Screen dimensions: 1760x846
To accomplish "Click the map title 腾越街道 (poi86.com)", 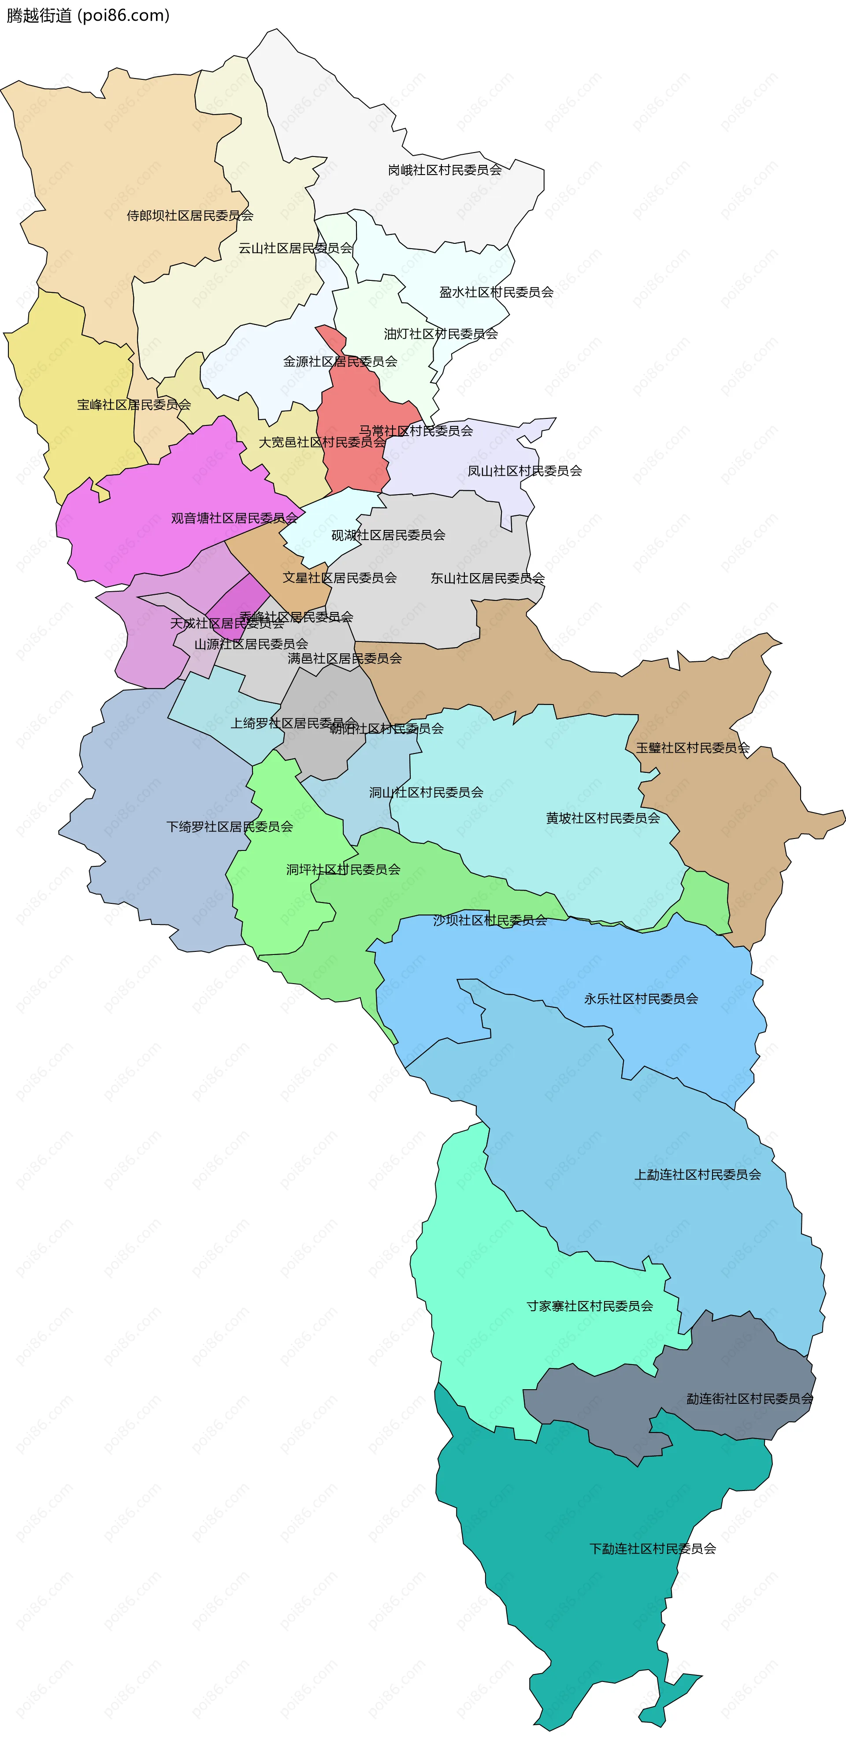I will pos(88,15).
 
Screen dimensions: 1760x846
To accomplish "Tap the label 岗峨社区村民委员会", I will pos(445,169).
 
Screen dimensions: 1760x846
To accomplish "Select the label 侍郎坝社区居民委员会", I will pos(190,215).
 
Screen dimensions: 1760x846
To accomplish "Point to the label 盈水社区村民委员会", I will pos(497,292).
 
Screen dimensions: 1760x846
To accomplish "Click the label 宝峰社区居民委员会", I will pos(134,404).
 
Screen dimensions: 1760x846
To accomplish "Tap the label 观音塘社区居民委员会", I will pos(234,518).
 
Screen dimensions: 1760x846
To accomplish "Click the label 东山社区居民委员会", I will pos(487,578).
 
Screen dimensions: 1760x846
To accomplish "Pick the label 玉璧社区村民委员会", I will pos(692,747).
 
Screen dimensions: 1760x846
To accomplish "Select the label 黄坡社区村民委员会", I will pos(602,818).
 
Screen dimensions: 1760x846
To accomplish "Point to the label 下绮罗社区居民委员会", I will pos(230,827).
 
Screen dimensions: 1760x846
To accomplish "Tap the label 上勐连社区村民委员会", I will pos(697,1175).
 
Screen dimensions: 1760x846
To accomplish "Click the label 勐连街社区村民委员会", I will pos(749,1398).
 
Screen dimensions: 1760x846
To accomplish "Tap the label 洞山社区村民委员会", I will pos(426,793).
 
